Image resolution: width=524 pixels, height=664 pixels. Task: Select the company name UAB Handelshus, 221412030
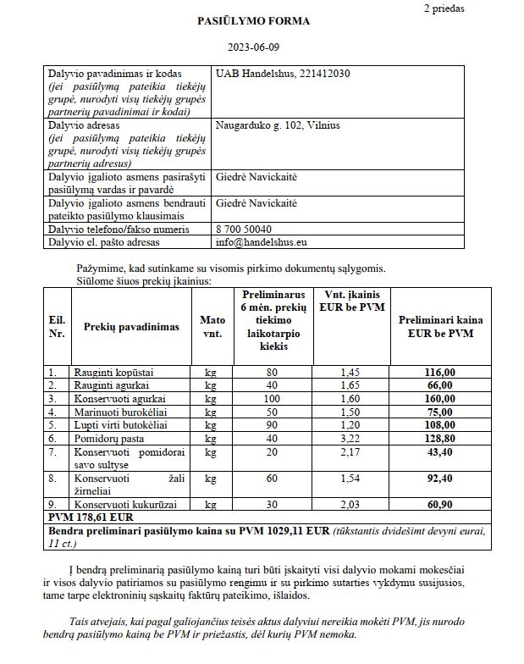(x=284, y=75)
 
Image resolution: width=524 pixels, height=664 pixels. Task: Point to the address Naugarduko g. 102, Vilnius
(x=278, y=125)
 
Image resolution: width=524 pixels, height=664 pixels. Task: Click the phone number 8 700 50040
(x=245, y=229)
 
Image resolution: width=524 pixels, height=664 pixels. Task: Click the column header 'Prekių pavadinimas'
(x=131, y=327)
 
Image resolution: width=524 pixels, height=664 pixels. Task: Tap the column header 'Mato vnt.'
(x=212, y=327)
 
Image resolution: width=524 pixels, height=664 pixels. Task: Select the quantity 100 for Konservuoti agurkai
(x=271, y=398)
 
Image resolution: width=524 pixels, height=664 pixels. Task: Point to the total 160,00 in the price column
(x=439, y=398)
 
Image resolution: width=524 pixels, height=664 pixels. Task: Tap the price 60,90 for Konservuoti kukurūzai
(x=439, y=505)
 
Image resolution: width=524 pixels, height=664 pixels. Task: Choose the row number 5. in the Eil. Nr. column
(x=52, y=425)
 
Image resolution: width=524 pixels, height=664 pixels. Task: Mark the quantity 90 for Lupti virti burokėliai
(x=271, y=425)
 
